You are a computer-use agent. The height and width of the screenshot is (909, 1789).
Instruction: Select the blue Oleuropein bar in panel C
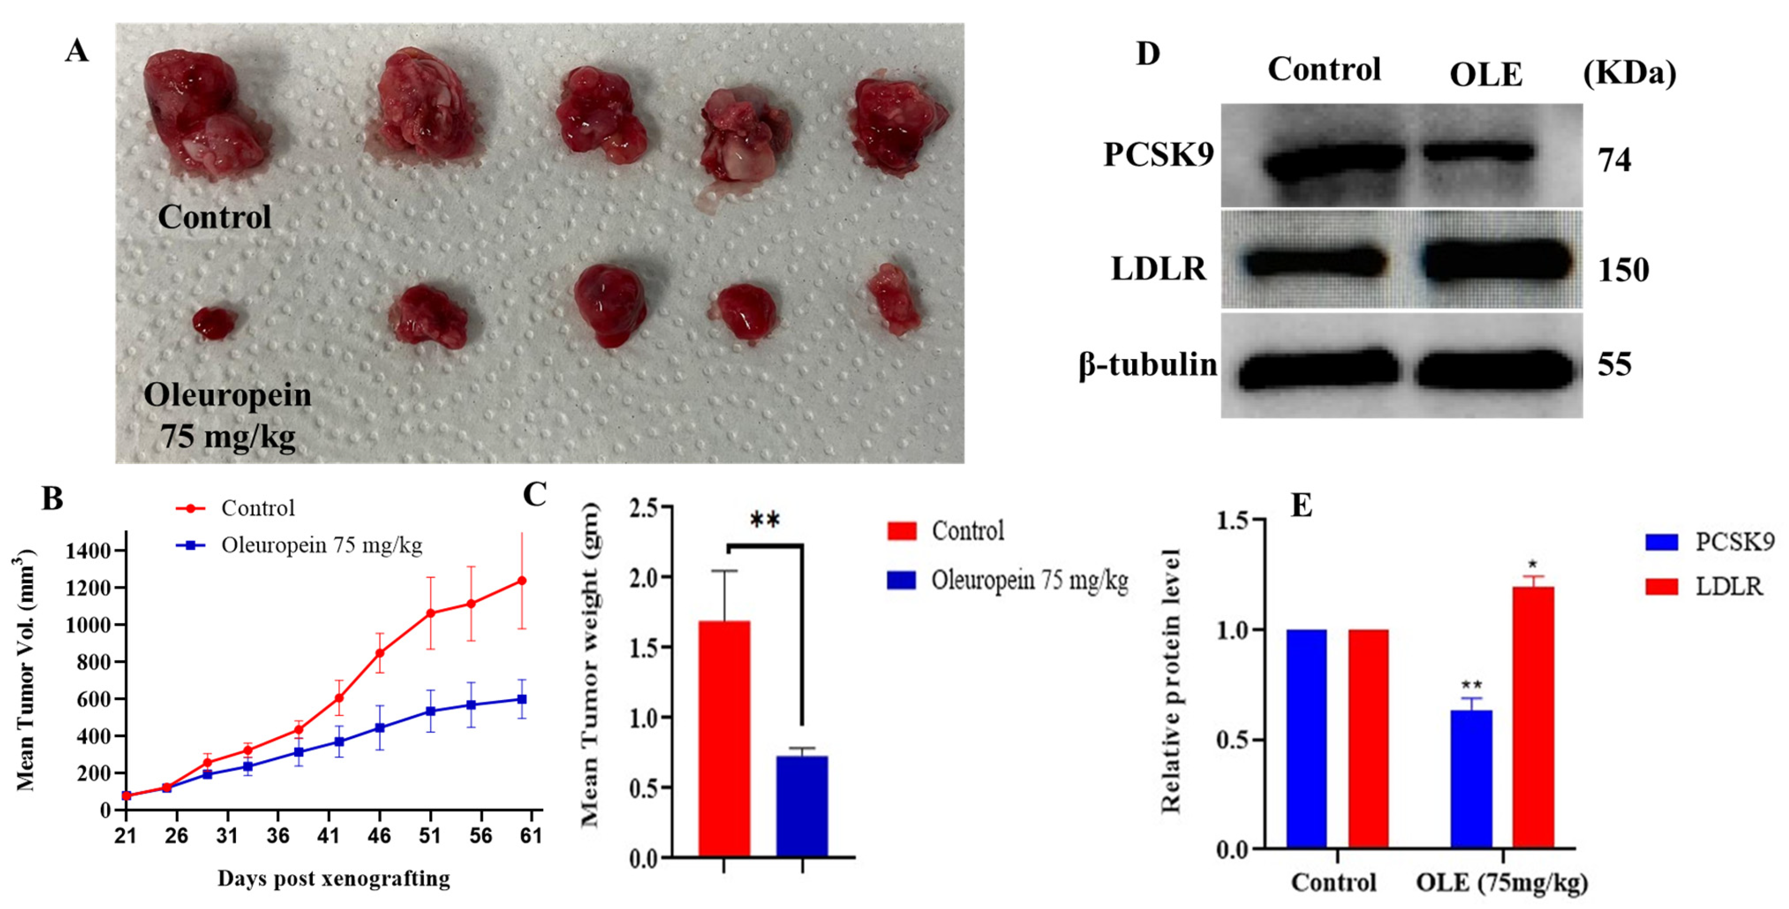pos(802,806)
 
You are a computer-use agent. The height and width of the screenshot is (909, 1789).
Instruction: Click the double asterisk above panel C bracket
pos(765,520)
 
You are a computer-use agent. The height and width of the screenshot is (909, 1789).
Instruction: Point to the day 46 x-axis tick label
pos(379,835)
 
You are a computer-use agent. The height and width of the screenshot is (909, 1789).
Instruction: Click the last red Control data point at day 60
pos(522,581)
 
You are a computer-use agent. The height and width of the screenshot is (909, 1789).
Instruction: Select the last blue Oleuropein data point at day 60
pos(522,699)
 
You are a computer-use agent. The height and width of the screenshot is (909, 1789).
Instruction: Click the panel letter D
pos(1147,53)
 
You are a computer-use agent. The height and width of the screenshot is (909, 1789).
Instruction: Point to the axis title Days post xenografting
pos(333,878)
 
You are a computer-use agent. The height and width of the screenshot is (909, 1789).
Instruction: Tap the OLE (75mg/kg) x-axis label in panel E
pos(1501,883)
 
